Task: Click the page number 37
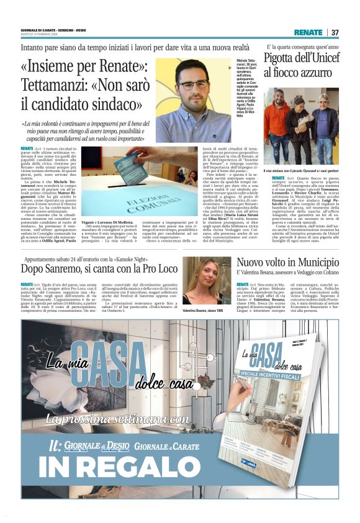pyautogui.click(x=335, y=32)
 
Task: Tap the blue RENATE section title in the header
pyautogui.click(x=308, y=32)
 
